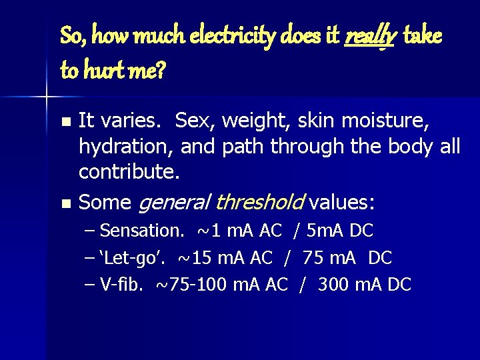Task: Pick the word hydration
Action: click(118, 147)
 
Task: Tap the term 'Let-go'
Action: click(131, 257)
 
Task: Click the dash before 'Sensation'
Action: click(91, 231)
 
